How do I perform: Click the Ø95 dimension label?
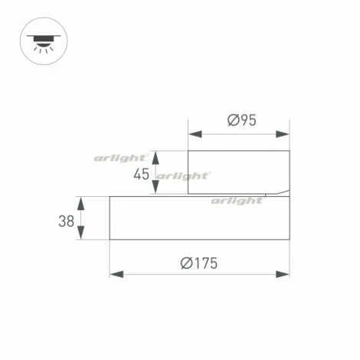tap(241, 119)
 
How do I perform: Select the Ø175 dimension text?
tap(199, 263)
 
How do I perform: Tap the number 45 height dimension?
tap(141, 174)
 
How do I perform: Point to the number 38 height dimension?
tap(66, 221)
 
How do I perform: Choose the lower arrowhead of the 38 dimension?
tap(82, 234)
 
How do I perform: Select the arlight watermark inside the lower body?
tap(237, 201)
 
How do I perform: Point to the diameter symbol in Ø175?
tap(186, 263)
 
